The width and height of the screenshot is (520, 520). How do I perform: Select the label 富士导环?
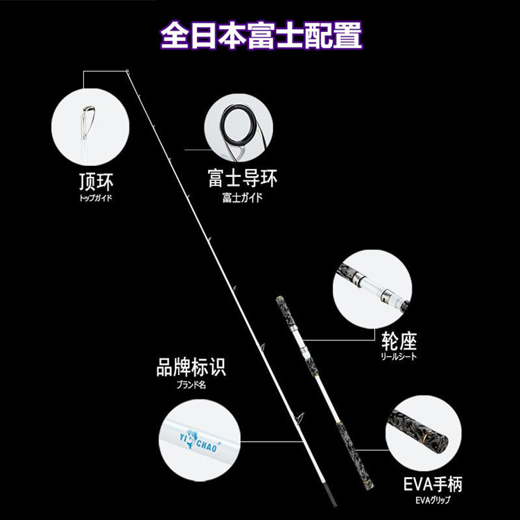[242, 179]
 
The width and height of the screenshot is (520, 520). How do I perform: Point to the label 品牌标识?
[191, 367]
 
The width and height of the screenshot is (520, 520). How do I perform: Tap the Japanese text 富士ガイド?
[242, 198]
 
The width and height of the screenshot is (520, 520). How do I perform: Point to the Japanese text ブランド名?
[191, 383]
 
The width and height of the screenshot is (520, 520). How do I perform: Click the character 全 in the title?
[173, 33]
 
